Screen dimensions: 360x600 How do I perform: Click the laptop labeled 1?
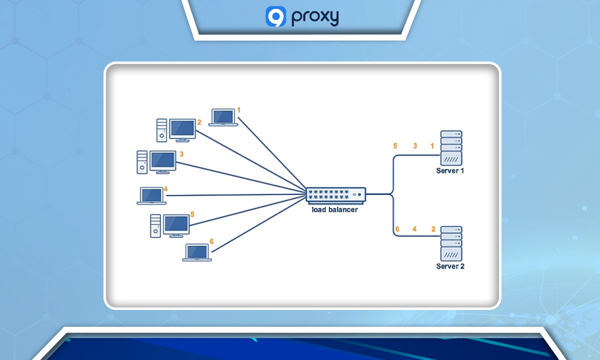point(223,117)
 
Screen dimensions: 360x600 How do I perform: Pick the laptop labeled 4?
point(151,195)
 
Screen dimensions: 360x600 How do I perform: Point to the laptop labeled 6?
point(197,252)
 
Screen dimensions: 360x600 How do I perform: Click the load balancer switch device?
point(336,194)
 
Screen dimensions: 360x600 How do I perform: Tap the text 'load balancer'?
point(334,210)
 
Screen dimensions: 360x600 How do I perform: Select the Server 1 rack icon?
point(451,148)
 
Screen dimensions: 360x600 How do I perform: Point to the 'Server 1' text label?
point(450,171)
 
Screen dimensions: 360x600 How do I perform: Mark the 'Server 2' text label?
point(450,266)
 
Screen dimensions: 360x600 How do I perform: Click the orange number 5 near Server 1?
point(395,146)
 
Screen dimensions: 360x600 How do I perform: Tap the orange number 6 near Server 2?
point(397,229)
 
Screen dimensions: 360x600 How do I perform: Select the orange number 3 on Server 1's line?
point(415,146)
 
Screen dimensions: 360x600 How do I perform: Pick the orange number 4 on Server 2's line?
point(414,229)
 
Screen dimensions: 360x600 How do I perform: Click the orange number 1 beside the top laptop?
point(239,109)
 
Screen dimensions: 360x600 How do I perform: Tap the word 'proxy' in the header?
point(314,17)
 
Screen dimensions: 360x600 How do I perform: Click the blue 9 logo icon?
point(275,16)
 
